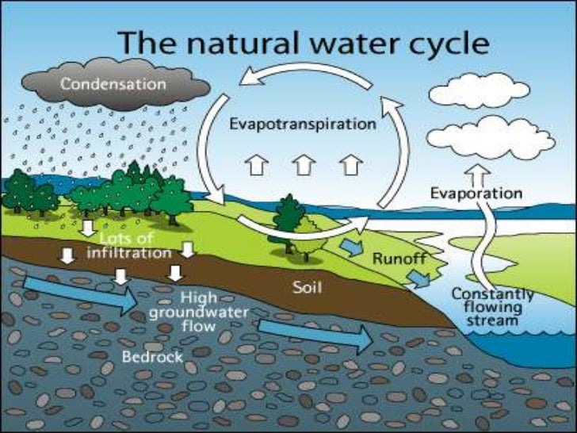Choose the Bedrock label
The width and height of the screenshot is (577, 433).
pyautogui.click(x=152, y=357)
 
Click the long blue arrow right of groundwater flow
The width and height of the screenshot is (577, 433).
pyautogui.click(x=315, y=334)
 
